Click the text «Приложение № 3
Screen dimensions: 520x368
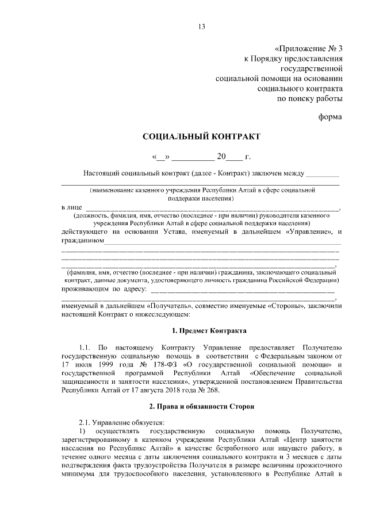[308, 48]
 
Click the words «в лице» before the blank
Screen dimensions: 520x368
[71, 207]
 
